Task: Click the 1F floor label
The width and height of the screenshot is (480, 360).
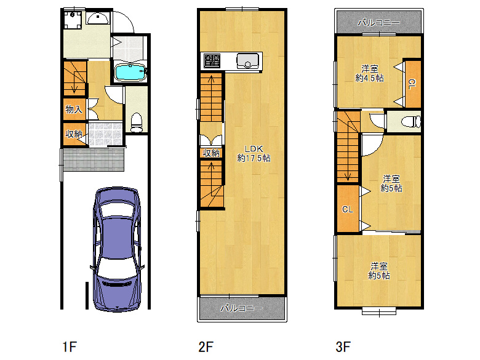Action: click(69, 347)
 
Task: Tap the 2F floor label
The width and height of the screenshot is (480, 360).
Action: click(206, 347)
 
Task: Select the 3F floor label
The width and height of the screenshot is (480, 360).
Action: click(343, 347)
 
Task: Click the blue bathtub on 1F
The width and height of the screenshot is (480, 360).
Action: click(130, 72)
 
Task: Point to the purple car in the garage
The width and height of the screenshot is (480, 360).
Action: click(117, 249)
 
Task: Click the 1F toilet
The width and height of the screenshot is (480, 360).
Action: click(137, 122)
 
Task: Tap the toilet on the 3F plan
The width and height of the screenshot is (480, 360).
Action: click(412, 121)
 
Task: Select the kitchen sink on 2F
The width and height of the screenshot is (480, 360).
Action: click(247, 61)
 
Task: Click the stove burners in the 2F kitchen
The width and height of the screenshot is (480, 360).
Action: click(212, 60)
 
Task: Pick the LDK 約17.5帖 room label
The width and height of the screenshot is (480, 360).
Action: click(254, 153)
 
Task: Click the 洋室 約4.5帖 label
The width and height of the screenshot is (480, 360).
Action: click(369, 73)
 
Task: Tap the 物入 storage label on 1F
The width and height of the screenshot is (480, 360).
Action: click(74, 109)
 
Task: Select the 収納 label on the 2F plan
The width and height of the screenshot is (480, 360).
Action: click(211, 153)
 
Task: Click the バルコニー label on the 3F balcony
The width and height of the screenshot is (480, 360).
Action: click(379, 22)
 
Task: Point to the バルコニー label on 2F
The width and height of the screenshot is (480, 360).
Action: click(241, 308)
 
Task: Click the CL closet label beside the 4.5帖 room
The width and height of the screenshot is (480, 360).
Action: click(412, 84)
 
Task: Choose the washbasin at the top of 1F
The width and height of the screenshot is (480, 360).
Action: click(98, 18)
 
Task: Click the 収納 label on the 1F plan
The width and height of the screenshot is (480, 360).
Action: click(74, 134)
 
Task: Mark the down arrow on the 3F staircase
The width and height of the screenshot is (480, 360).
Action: click(348, 177)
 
